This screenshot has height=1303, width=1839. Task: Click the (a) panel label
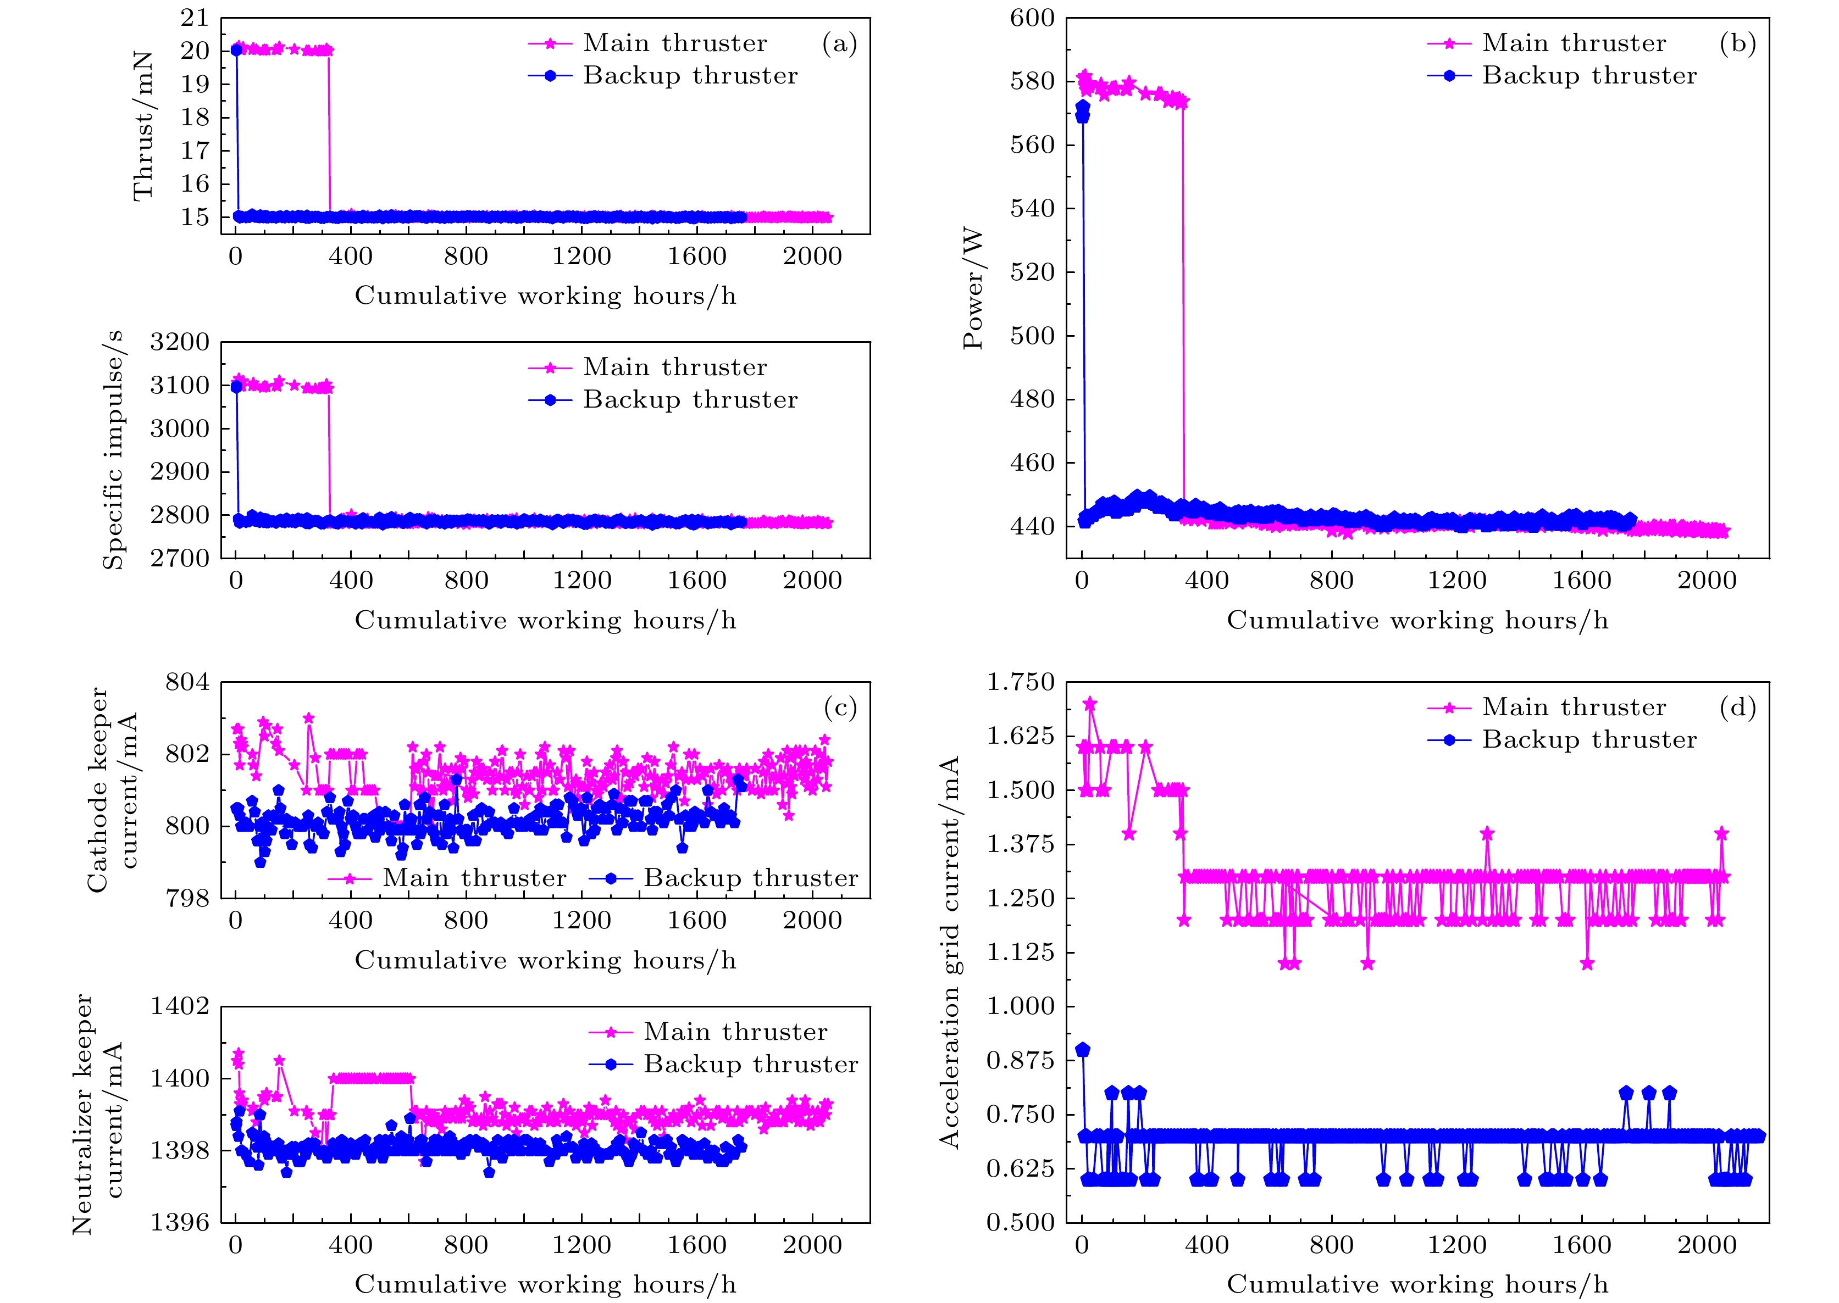click(x=840, y=43)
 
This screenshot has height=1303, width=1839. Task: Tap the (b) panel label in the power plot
click(x=1738, y=43)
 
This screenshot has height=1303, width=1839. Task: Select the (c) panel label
click(x=840, y=707)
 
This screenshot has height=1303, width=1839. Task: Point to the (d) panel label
click(x=1738, y=707)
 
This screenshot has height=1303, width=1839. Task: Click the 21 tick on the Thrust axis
click(x=194, y=18)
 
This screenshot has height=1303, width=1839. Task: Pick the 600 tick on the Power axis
click(x=1032, y=18)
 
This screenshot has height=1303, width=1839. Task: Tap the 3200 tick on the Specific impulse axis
click(x=180, y=343)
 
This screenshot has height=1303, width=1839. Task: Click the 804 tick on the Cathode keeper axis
click(x=187, y=683)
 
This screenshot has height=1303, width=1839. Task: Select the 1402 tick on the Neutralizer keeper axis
click(x=180, y=1006)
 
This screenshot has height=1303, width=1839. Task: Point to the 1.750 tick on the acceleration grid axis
click(x=1020, y=683)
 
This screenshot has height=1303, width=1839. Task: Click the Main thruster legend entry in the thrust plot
click(x=674, y=43)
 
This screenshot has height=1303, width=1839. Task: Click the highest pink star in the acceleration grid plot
click(x=1090, y=704)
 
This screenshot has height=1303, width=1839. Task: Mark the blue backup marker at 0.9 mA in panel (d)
click(x=1083, y=1049)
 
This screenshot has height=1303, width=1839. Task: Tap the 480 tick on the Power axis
click(x=1032, y=399)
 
